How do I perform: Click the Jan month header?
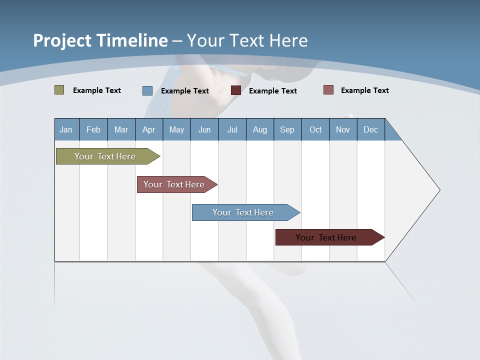[x=66, y=129]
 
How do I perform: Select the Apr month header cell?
[x=149, y=129]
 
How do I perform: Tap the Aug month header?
[x=260, y=129]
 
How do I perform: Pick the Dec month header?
[x=371, y=129]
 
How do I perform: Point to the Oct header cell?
[x=315, y=129]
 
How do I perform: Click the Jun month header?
[x=204, y=129]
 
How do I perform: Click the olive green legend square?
[x=59, y=90]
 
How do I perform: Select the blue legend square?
[x=147, y=90]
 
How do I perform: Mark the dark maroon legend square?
[x=236, y=90]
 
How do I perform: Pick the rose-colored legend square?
[x=328, y=90]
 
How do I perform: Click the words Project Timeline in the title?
[x=100, y=40]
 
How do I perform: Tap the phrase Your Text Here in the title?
[x=247, y=40]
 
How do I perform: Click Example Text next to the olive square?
[x=97, y=90]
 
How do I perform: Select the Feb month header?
[x=93, y=129]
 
